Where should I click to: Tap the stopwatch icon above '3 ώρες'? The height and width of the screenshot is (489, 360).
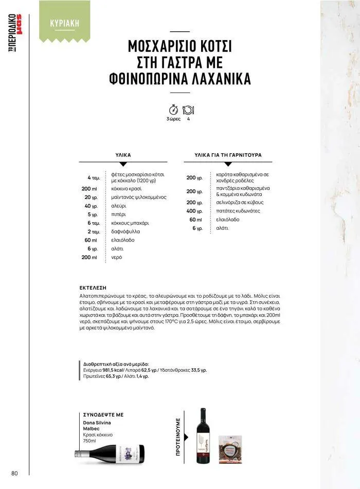click(173, 110)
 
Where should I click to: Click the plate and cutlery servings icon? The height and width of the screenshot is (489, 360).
click(188, 110)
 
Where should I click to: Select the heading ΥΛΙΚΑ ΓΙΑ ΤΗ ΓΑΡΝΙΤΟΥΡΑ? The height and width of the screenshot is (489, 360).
click(228, 155)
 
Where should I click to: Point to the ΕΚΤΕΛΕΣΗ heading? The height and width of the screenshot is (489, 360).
click(93, 288)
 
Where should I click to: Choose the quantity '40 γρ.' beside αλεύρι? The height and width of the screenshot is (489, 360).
click(91, 206)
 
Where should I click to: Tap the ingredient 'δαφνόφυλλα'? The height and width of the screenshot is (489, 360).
click(125, 231)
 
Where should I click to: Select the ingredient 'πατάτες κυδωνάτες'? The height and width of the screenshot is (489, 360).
click(238, 211)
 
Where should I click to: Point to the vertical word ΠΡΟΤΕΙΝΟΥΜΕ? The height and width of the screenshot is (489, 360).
click(178, 437)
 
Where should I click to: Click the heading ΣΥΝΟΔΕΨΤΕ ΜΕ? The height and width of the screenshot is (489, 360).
click(103, 414)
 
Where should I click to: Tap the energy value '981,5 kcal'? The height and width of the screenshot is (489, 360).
click(111, 369)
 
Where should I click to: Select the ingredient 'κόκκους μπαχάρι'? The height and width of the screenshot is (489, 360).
click(130, 223)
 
